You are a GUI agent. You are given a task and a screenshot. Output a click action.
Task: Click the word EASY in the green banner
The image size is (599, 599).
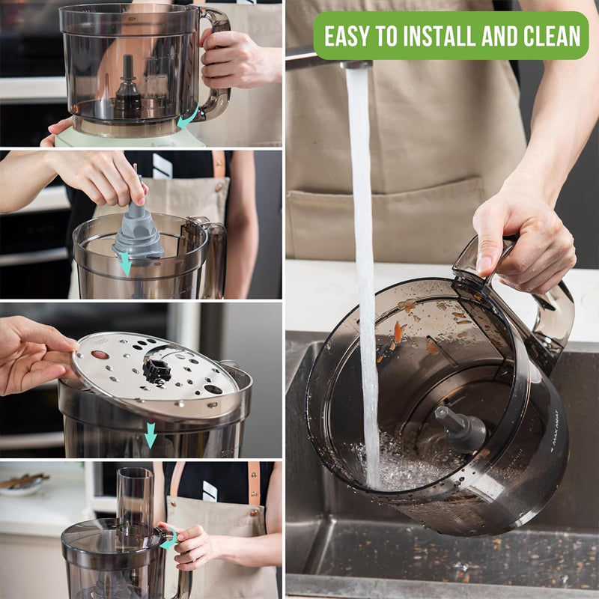coord(352,35)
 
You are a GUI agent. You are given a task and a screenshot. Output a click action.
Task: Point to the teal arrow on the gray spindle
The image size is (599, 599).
coord(125,263)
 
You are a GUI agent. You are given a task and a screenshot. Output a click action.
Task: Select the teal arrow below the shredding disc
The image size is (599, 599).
coord(150,435)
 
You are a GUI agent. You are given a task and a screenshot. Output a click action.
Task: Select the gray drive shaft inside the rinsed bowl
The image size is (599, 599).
coord(460,430)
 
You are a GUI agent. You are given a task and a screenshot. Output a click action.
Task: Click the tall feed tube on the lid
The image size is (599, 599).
coord(134,498)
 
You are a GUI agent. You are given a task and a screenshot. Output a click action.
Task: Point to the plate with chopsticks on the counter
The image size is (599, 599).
coord(22,483)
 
